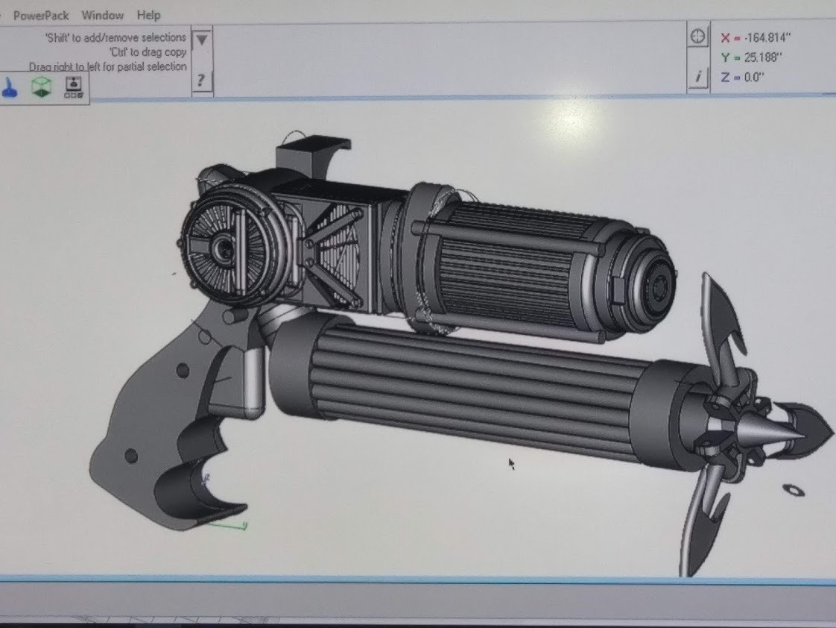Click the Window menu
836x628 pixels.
click(103, 15)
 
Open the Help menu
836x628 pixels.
click(148, 15)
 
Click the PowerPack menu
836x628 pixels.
click(41, 15)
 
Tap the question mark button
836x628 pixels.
click(201, 79)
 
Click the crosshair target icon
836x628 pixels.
click(698, 36)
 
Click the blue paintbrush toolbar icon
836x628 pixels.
click(10, 87)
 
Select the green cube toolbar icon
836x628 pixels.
click(41, 87)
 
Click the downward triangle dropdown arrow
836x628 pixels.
click(201, 40)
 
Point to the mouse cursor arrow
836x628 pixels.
click(512, 464)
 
